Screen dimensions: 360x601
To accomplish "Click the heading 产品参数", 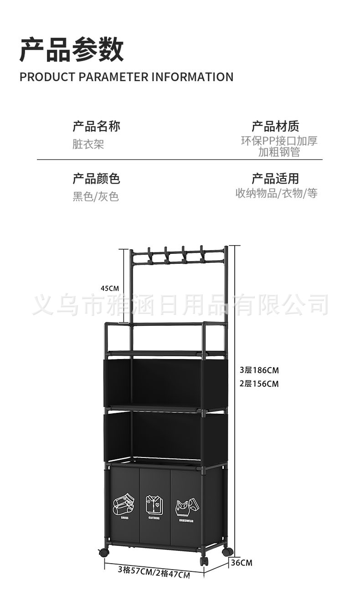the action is [72, 50].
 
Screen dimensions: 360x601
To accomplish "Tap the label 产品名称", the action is [96, 126].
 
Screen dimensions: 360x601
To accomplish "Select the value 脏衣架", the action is [88, 144].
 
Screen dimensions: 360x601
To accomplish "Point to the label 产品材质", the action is [275, 126].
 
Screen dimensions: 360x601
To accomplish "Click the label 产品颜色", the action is [96, 179].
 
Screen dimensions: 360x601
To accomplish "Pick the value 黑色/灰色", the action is [96, 197].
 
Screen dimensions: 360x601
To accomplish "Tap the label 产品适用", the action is [275, 179].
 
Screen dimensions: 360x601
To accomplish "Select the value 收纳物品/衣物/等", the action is [277, 193].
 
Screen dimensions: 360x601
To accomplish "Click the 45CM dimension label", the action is [110, 288].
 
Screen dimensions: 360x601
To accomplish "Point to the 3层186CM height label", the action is [259, 370].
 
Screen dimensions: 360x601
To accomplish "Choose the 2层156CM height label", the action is [259, 384].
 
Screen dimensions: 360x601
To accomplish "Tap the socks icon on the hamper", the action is [124, 504].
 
